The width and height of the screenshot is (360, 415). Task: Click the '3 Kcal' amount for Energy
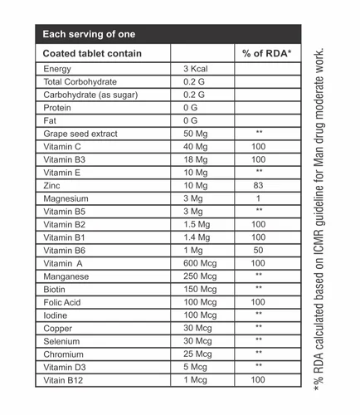pos(195,69)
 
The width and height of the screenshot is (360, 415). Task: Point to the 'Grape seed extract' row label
pos(80,134)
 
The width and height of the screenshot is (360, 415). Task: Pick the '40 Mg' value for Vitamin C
pos(195,147)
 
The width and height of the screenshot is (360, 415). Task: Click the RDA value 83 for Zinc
pos(259,186)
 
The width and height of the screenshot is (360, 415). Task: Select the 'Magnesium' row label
pos(67,198)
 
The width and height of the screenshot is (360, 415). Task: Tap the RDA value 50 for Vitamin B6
pos(259,250)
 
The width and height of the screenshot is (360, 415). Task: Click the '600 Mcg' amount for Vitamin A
pos(200,263)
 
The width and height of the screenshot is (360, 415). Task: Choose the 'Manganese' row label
pos(67,276)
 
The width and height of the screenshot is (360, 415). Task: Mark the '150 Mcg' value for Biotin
pos(200,289)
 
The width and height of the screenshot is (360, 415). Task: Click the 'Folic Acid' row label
pos(66,302)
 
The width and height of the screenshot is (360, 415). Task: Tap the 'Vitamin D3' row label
pos(66,366)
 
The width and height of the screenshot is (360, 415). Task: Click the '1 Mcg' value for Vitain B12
pos(196,379)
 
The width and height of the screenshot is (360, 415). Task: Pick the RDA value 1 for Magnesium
pos(259,198)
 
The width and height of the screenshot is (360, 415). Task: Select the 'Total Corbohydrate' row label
pos(80,82)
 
